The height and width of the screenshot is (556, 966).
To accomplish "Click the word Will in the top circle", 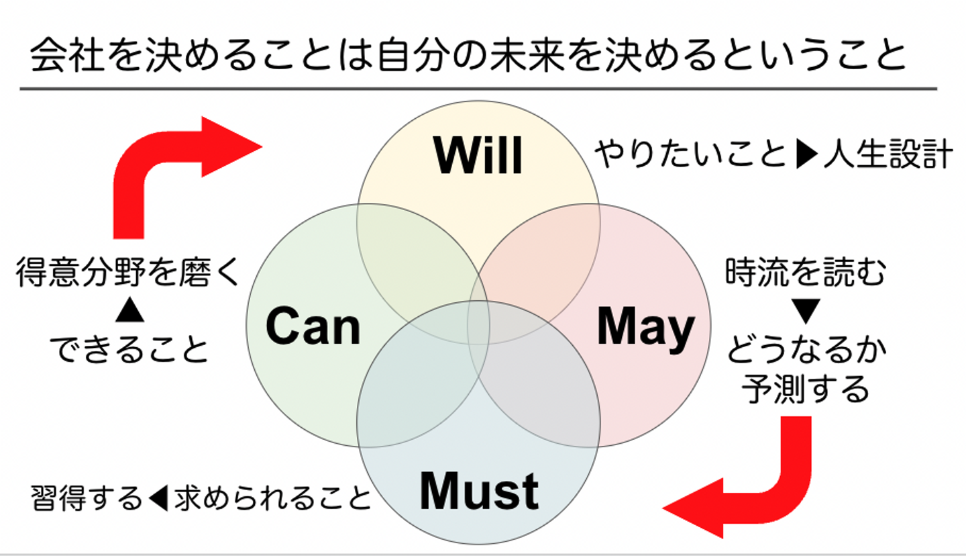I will click(478, 156).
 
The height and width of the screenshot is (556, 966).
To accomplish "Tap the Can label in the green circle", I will click(313, 327).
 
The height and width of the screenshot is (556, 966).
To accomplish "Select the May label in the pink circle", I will click(645, 327).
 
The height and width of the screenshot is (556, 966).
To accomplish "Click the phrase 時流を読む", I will click(806, 274).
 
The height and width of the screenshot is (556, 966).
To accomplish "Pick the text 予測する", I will click(806, 389).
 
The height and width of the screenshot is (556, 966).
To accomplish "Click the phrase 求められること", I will click(272, 498).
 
